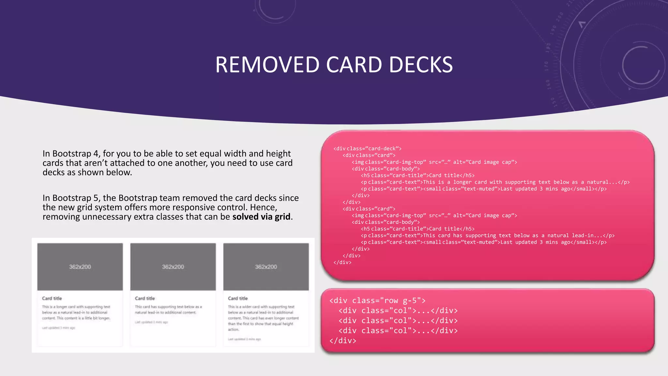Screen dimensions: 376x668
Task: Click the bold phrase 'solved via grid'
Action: [261, 217]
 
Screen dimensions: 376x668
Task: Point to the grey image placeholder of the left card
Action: [80, 267]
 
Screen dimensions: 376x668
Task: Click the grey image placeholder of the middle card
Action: [173, 267]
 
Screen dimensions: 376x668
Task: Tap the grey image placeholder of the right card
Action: [266, 267]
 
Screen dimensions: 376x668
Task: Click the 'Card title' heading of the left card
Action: [52, 298]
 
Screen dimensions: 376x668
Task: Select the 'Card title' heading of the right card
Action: [238, 298]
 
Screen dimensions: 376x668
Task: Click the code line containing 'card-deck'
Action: [367, 149]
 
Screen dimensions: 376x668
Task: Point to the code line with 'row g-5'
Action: [377, 300]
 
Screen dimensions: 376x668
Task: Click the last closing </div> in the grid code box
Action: [343, 340]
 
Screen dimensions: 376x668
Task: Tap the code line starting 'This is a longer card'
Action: [495, 182]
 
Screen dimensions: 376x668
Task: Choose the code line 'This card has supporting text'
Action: [488, 235]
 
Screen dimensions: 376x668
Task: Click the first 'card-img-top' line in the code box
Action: [434, 162]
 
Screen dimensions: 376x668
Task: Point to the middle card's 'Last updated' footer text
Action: [151, 322]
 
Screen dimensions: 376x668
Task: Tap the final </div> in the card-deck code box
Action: [342, 262]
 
